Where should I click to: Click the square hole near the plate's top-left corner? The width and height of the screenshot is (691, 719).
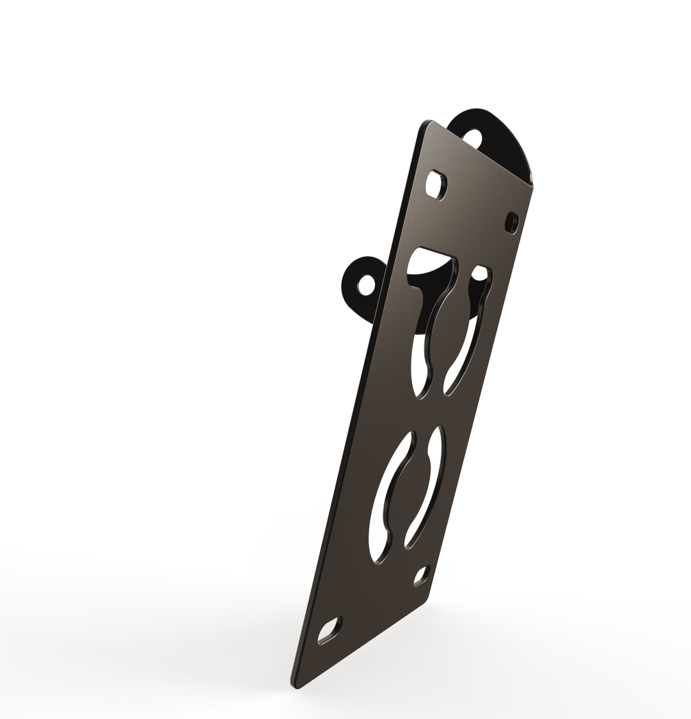click(437, 184)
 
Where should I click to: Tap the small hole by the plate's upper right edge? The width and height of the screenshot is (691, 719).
click(511, 222)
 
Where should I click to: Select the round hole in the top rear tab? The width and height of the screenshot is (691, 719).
click(472, 138)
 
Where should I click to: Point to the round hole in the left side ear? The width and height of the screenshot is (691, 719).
click(366, 285)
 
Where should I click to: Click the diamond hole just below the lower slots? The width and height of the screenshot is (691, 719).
click(420, 576)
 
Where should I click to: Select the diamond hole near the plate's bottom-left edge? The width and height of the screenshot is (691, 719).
click(330, 630)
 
